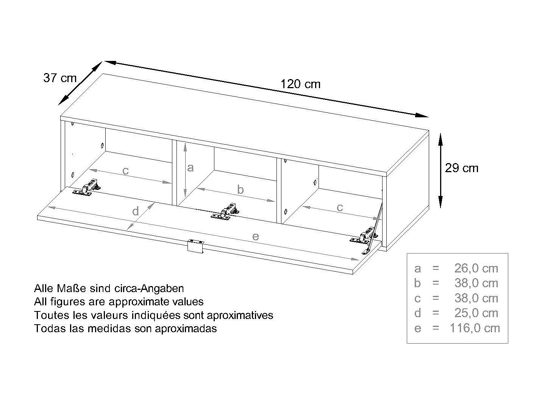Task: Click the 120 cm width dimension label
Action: coord(300,84)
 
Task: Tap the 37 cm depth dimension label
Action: coord(60,78)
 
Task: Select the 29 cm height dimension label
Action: coord(461,168)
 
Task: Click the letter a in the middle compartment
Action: coord(190,168)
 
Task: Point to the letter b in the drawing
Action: coord(240,190)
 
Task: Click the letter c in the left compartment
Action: coord(126,171)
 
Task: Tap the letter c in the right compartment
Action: coord(340,207)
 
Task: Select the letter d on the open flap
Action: coord(136,212)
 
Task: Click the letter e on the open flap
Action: coord(256,237)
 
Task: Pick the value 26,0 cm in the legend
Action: coord(476,268)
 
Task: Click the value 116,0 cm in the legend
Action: coord(475,328)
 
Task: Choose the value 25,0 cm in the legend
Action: coord(476,313)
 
